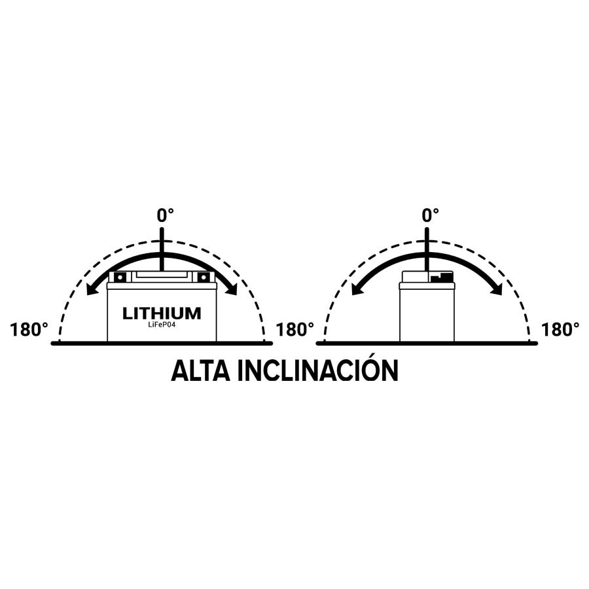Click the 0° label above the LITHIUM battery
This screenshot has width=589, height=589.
pos(166,215)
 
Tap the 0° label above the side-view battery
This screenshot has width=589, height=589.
pos(431,215)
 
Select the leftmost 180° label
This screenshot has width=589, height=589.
pos(29,330)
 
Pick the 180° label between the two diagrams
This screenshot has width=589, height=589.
pos(295,330)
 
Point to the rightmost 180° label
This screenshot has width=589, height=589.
pos(560,330)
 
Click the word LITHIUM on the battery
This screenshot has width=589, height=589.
pos(162,313)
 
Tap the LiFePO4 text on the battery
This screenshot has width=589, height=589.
pos(162,325)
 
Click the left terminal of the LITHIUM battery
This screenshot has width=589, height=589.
pos(120,277)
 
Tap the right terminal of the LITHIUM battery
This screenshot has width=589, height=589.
pos(204,277)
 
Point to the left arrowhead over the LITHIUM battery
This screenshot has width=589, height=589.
pos(92,289)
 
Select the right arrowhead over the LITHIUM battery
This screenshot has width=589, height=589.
pos(232,289)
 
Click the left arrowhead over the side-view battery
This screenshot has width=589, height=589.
pos(357,289)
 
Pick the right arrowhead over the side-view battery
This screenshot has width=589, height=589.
pos(497,289)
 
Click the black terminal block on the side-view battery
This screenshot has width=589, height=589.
pos(442,277)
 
